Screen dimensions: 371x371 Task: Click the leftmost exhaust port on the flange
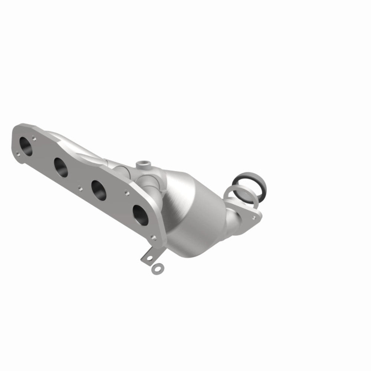pyautogui.click(x=26, y=145)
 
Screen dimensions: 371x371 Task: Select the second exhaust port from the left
pyautogui.click(x=60, y=166)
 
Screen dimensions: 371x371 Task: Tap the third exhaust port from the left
pyautogui.click(x=99, y=189)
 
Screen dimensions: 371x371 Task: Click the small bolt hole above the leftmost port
pyautogui.click(x=35, y=139)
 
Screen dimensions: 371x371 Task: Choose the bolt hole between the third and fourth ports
pyautogui.click(x=127, y=193)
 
